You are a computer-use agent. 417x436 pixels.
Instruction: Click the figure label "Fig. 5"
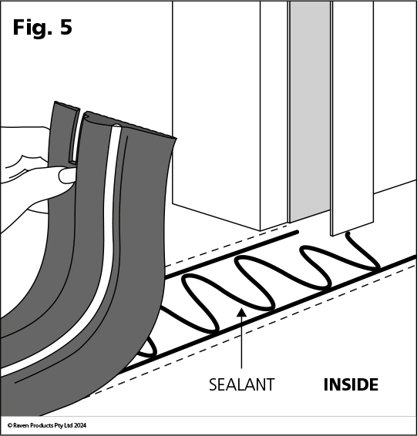pos(42,28)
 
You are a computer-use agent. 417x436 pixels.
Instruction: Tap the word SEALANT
pos(242,384)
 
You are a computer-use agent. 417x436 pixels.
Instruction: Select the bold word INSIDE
pos(351,384)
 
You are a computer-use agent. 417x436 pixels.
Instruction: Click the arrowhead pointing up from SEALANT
pos(242,313)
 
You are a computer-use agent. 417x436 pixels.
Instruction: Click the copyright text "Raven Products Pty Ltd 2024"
pos(49,425)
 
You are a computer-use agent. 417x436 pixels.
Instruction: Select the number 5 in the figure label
pos(66,28)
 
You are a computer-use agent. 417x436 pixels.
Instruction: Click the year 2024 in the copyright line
pos(80,425)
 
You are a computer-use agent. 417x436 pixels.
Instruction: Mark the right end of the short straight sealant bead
pos(297,232)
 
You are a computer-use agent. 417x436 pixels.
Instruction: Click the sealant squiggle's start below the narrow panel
pos(348,234)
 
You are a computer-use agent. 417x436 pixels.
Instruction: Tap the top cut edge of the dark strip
pos(131,124)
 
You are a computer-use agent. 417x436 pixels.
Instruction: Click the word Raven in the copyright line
pos(21,425)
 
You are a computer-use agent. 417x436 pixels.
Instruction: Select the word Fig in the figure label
pos(29,29)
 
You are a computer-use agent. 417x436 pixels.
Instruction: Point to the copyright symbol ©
pos(10,425)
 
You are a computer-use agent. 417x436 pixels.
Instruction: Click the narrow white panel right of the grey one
pos(353,117)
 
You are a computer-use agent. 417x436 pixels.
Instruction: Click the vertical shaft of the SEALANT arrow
pos(242,343)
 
